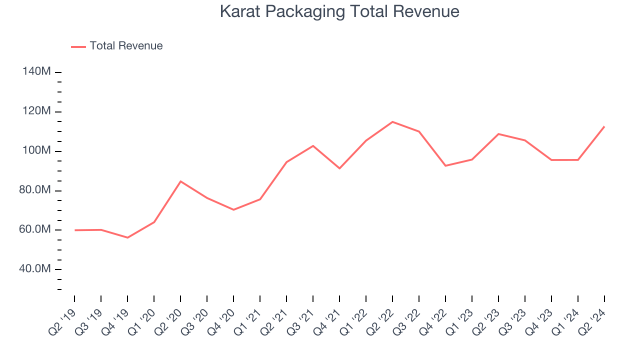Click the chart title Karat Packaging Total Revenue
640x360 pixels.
(x=339, y=11)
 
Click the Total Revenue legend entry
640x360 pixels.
(x=126, y=46)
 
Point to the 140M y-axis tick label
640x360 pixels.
(x=36, y=72)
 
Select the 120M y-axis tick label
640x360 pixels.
(x=36, y=111)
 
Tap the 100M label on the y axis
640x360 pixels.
(x=36, y=151)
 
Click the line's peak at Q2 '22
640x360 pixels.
(x=392, y=122)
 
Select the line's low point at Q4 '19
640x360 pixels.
(x=127, y=237)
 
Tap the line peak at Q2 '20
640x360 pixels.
(x=180, y=181)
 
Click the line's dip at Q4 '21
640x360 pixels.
(x=339, y=168)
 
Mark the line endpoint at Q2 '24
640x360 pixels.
(x=604, y=126)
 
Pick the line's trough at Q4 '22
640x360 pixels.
(x=445, y=165)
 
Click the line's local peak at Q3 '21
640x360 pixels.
(x=313, y=146)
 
